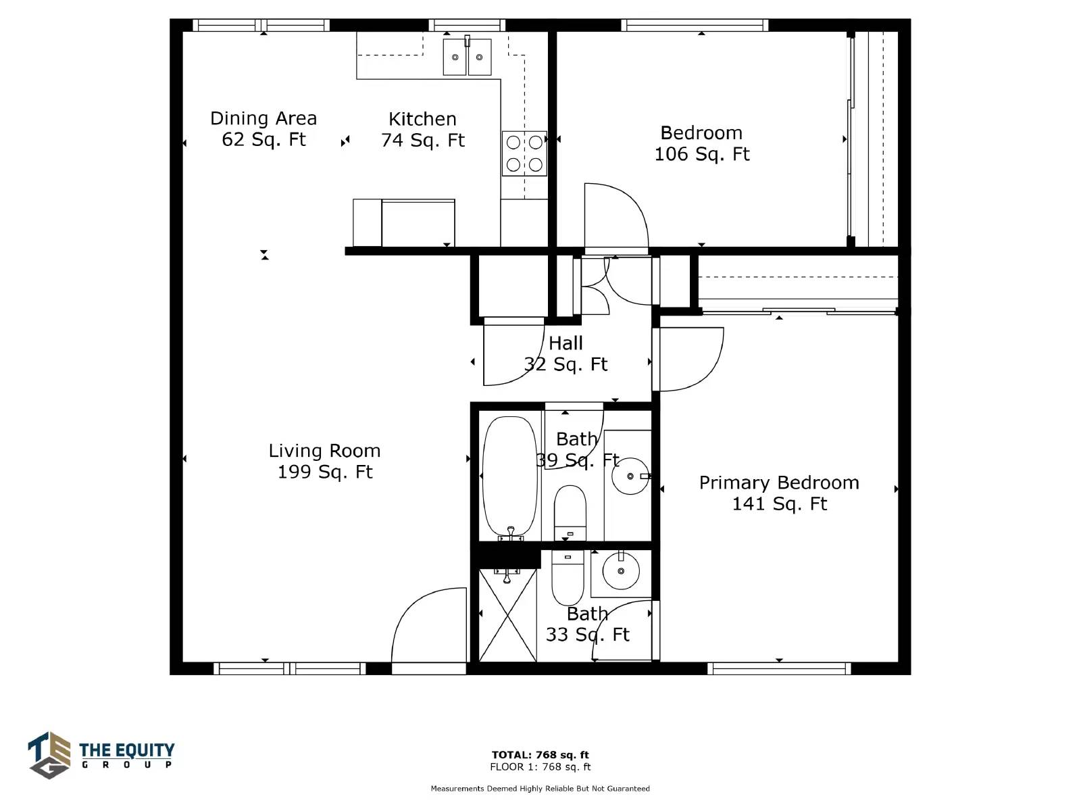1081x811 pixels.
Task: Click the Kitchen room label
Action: (422, 119)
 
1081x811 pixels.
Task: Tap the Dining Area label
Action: (263, 119)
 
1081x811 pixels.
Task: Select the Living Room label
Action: (324, 451)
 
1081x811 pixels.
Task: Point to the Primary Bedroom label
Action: (779, 483)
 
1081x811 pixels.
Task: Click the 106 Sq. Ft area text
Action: (702, 154)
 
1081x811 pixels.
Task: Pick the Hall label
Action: (566, 343)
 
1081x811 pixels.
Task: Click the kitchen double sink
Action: (467, 57)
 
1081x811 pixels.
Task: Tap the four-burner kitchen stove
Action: (524, 153)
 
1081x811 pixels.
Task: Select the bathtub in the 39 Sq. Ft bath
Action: (509, 478)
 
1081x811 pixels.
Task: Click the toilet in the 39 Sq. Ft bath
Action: (570, 513)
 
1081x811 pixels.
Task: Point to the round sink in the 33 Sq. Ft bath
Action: (621, 571)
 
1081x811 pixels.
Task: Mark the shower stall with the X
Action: (508, 616)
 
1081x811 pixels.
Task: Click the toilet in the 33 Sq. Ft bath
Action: (568, 578)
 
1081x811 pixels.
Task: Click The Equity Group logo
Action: (101, 755)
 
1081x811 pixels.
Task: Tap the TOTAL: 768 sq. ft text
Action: (540, 755)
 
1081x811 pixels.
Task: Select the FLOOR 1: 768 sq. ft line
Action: (540, 766)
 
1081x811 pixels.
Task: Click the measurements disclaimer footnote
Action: (540, 788)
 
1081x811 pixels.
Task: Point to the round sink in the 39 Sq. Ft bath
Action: (630, 476)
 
